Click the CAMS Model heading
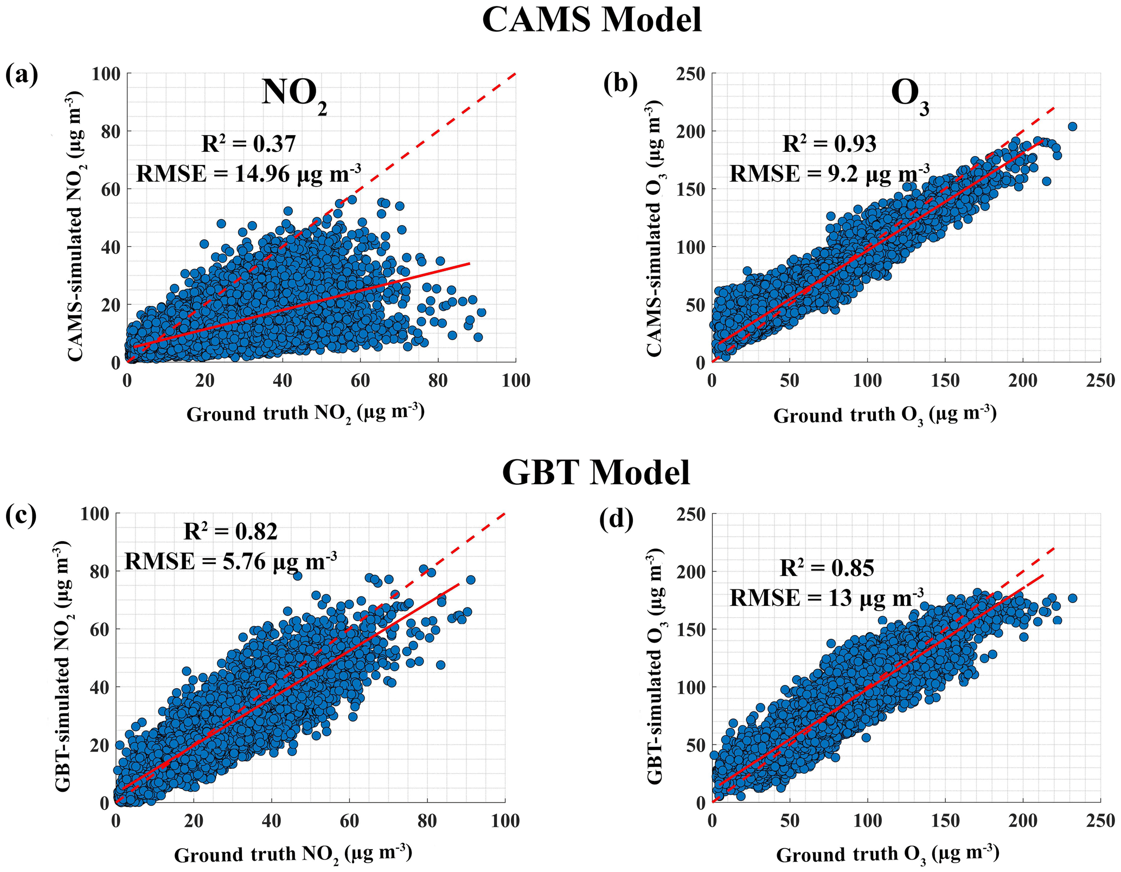[x=592, y=21]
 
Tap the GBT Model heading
[x=596, y=472]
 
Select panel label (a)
[x=22, y=74]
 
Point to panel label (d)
[x=616, y=519]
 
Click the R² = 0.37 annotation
[x=249, y=144]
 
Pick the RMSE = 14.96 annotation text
[x=248, y=174]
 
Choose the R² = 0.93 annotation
[x=829, y=144]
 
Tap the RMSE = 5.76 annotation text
[x=231, y=561]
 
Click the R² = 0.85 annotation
[x=827, y=568]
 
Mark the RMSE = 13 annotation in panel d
[x=827, y=598]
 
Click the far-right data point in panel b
[x=1072, y=126]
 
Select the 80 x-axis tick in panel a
[x=438, y=381]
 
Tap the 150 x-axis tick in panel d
[x=945, y=821]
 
